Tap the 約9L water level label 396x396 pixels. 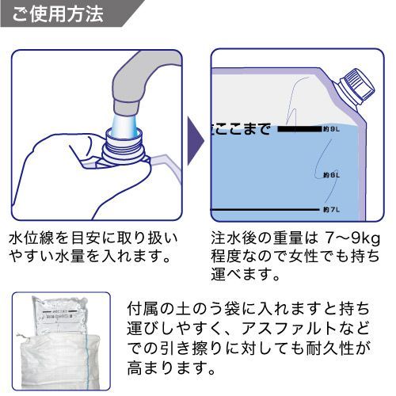pyautogui.click(x=332, y=128)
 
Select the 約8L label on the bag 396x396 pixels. pyautogui.click(x=332, y=174)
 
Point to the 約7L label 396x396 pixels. pyautogui.click(x=332, y=209)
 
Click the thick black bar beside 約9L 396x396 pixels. pyautogui.click(x=298, y=128)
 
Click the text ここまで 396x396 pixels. pyautogui.click(x=242, y=128)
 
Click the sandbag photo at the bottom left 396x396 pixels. pyautogui.click(x=63, y=341)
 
